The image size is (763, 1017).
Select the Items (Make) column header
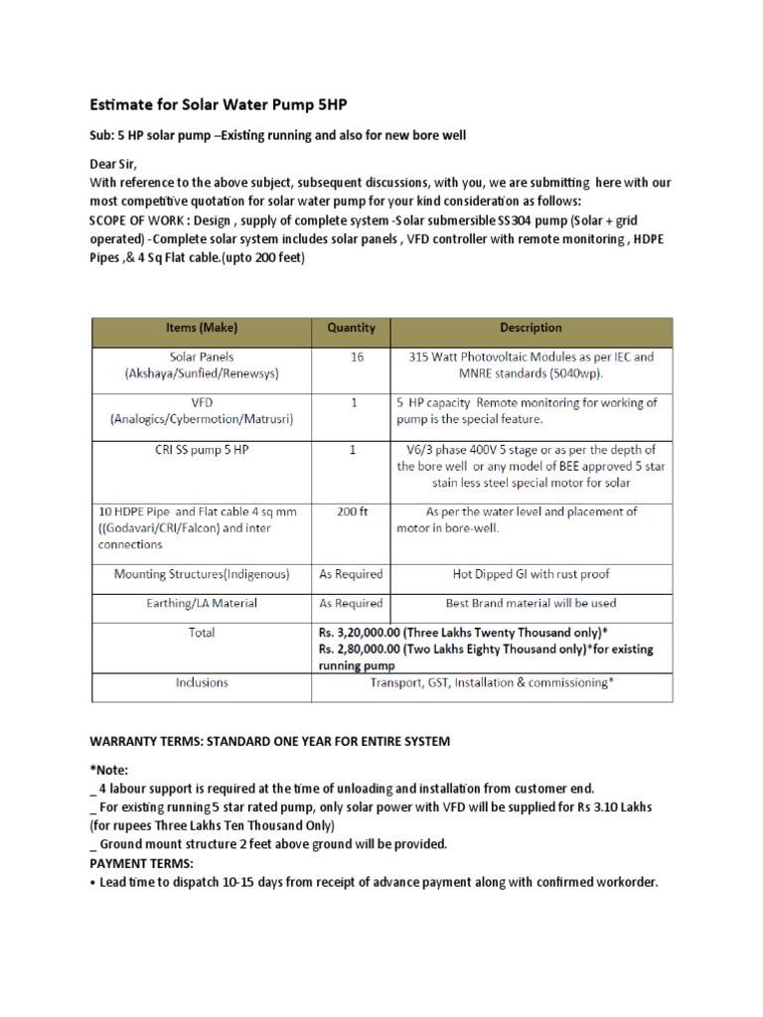click(203, 328)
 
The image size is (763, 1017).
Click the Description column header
click(531, 328)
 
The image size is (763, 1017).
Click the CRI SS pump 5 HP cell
click(203, 450)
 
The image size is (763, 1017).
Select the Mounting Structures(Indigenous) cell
click(203, 574)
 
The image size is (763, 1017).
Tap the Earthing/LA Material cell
click(203, 603)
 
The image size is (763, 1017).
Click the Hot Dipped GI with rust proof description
click(531, 574)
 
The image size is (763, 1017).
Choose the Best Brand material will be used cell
click(531, 603)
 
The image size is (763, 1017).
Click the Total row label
click(203, 632)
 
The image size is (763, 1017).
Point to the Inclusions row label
click(203, 682)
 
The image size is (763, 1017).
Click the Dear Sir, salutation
click(114, 165)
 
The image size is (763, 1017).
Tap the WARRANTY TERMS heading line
click(271, 741)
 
